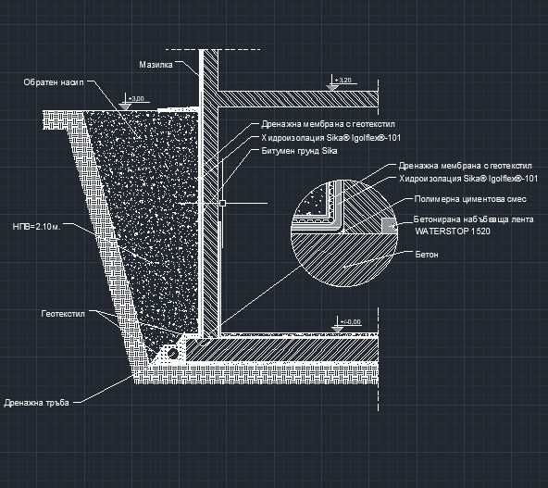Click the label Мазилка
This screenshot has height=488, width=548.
click(x=156, y=65)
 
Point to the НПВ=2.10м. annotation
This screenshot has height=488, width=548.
click(x=39, y=225)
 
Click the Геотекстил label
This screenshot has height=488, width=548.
click(x=62, y=314)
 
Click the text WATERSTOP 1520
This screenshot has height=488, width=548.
click(x=452, y=231)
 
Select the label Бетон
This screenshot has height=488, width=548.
click(x=427, y=253)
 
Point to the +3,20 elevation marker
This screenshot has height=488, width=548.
click(x=345, y=81)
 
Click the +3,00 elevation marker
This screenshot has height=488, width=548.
click(x=136, y=97)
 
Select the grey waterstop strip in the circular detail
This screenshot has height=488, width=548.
click(x=387, y=224)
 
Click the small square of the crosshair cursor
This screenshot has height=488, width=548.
click(x=222, y=201)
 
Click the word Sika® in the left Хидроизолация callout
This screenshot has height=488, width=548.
click(x=328, y=137)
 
